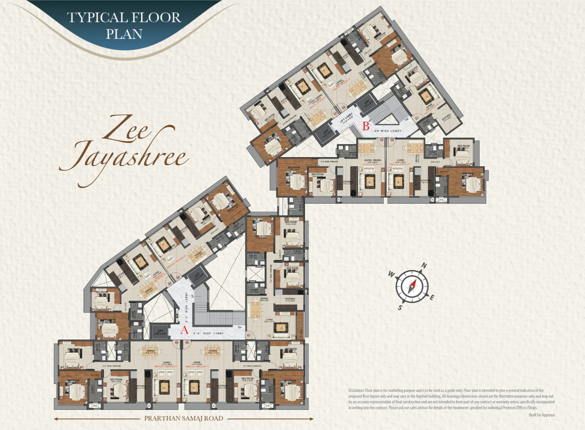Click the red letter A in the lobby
click(x=184, y=330)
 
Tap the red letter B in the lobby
click(x=366, y=126)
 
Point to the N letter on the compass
click(x=424, y=265)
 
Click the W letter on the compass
click(x=392, y=274)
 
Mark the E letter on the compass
click(x=432, y=297)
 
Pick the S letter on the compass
click(x=400, y=308)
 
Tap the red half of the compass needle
click(x=413, y=283)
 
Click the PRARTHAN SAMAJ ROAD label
click(x=184, y=418)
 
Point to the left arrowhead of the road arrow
click(x=56, y=418)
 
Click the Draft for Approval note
click(x=541, y=415)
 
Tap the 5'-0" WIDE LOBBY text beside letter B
click(x=388, y=131)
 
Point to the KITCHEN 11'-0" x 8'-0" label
click(x=290, y=300)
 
